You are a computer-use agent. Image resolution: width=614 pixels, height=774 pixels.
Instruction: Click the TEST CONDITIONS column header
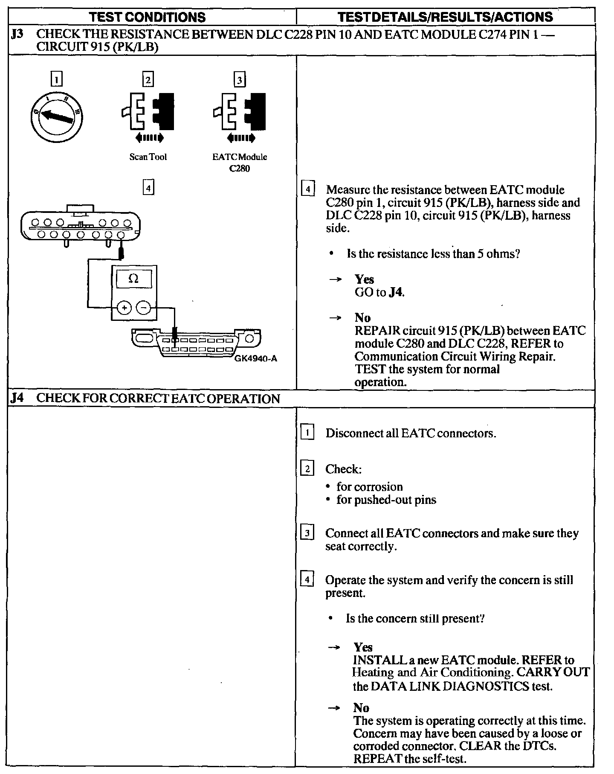point(148,17)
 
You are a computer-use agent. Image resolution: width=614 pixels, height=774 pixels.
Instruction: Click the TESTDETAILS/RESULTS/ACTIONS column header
point(445,17)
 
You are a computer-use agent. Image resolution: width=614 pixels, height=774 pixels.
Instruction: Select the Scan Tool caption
point(148,157)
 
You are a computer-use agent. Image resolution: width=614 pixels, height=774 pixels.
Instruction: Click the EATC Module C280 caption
point(240,163)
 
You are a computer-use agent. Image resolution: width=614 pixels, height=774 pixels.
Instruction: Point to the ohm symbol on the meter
point(133,279)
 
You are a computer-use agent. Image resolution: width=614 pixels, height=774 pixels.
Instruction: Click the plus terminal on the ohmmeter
point(124,307)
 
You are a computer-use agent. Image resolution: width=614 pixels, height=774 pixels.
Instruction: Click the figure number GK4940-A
point(255,359)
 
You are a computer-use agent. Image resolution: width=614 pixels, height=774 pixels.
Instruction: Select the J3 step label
point(17,35)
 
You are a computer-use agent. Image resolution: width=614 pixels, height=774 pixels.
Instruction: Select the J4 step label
point(17,399)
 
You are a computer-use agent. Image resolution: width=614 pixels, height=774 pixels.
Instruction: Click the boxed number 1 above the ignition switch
point(56,80)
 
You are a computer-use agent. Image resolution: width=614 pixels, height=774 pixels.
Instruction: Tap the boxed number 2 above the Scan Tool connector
point(148,80)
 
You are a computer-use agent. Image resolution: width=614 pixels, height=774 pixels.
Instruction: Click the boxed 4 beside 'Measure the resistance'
point(307,189)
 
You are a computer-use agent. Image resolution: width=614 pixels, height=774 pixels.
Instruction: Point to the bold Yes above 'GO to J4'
point(364,279)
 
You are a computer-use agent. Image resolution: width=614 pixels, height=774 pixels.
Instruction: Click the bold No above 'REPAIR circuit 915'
point(362,318)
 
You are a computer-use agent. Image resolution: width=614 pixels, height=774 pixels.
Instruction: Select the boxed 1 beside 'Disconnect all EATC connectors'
point(307,433)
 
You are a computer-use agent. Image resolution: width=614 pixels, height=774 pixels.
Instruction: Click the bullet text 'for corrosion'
point(369,487)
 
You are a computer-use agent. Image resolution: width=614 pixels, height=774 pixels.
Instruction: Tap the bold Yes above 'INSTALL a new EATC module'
point(363,647)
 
